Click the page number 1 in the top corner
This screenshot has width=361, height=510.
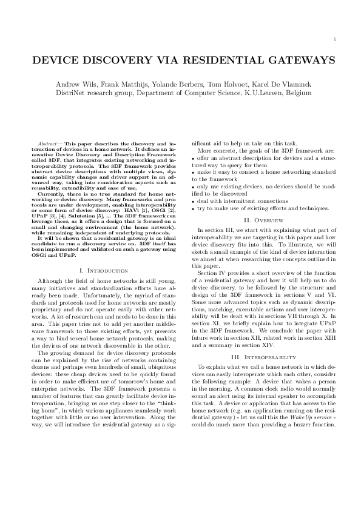(x=335, y=40)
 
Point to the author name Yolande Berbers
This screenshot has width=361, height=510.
(x=175, y=83)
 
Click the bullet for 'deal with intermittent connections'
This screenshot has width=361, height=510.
(x=194, y=200)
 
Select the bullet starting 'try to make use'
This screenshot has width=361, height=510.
(x=194, y=208)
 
